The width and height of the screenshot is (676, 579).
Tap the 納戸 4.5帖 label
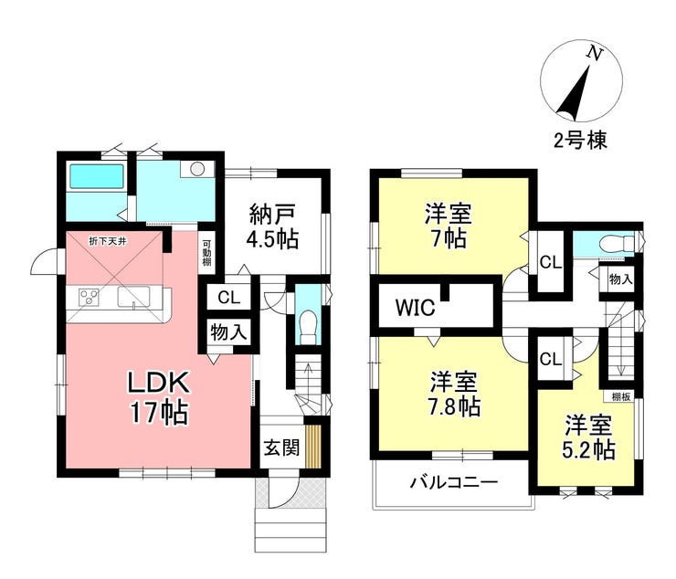coord(272,226)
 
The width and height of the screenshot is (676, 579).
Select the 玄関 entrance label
coord(281,448)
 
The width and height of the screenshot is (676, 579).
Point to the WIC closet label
coord(415,308)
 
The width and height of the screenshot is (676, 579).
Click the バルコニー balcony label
coord(453,481)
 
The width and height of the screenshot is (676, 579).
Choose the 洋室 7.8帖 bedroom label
coord(454,394)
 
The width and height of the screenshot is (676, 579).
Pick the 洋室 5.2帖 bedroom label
coord(588,437)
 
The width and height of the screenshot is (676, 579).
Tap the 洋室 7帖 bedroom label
coord(448,226)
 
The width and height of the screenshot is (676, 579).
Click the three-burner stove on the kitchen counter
coord(89,297)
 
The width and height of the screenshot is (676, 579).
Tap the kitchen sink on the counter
coord(133,297)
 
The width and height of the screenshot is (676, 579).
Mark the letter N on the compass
coord(595,54)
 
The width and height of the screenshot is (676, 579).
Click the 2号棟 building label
coord(580,140)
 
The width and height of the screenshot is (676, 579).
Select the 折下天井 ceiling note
coord(108,241)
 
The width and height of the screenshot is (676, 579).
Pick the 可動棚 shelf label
coord(207,252)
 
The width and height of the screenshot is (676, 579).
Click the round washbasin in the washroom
coord(197,169)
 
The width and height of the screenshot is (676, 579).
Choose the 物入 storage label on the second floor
coord(621,279)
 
